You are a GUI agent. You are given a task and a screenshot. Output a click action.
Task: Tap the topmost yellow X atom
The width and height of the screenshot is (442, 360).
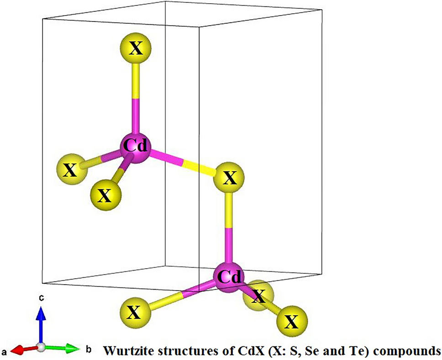[x=135, y=48]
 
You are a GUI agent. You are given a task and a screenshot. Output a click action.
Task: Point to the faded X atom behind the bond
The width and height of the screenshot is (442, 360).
[x=258, y=296]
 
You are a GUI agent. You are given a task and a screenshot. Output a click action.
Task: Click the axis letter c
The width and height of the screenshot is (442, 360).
[x=41, y=298]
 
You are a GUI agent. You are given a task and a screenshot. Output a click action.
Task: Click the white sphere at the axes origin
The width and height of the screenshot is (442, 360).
[x=41, y=347]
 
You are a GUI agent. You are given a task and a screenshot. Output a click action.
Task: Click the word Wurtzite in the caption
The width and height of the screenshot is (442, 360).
[x=127, y=351]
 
